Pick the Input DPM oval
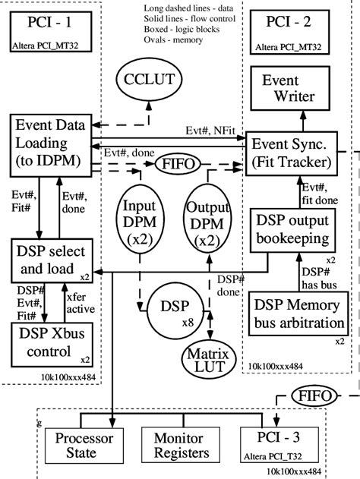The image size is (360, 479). (x=141, y=221)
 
